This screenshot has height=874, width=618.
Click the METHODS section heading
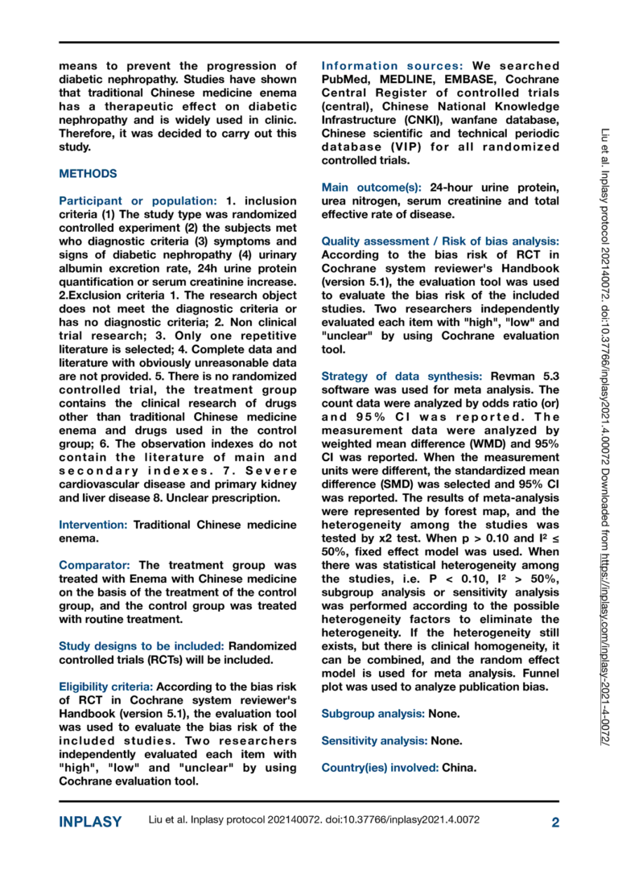[89, 174]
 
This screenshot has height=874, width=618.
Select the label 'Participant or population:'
[126, 199]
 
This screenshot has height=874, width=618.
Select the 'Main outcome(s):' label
[369, 187]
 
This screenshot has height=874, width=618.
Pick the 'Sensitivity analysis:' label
[374, 740]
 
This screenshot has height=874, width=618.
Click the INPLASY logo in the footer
[90, 822]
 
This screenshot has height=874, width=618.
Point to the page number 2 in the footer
[555, 822]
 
